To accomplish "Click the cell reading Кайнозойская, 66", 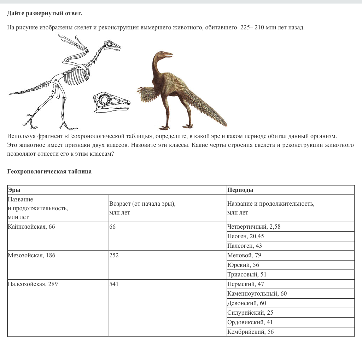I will pyautogui.click(x=31, y=227).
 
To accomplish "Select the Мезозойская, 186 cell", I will pyautogui.click(x=31, y=256).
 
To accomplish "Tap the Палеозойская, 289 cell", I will pyautogui.click(x=31, y=284).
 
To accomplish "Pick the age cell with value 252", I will pyautogui.click(x=114, y=256).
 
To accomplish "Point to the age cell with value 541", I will pyautogui.click(x=114, y=284).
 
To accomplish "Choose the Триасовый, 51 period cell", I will pyautogui.click(x=247, y=275).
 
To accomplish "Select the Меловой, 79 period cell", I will pyautogui.click(x=244, y=256).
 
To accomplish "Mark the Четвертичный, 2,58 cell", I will pyautogui.click(x=254, y=227).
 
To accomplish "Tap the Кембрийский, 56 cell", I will pyautogui.click(x=251, y=332).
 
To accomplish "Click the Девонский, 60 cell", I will pyautogui.click(x=247, y=303).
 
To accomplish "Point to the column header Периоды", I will pyautogui.click(x=240, y=190).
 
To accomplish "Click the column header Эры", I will pyautogui.click(x=14, y=190).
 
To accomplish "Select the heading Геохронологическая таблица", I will pyautogui.click(x=49, y=172).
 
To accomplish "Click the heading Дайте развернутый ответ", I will pyautogui.click(x=45, y=13).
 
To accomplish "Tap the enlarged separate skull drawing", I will pyautogui.click(x=111, y=102).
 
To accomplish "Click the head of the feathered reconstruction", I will pyautogui.click(x=163, y=56).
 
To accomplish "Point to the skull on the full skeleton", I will pyautogui.click(x=112, y=46).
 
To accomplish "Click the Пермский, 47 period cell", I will pyautogui.click(x=246, y=284).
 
